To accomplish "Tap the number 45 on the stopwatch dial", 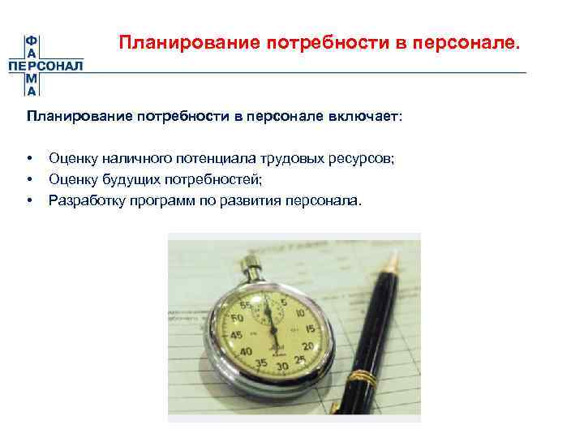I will [x=237, y=334].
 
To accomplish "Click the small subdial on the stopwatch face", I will [x=267, y=316].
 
